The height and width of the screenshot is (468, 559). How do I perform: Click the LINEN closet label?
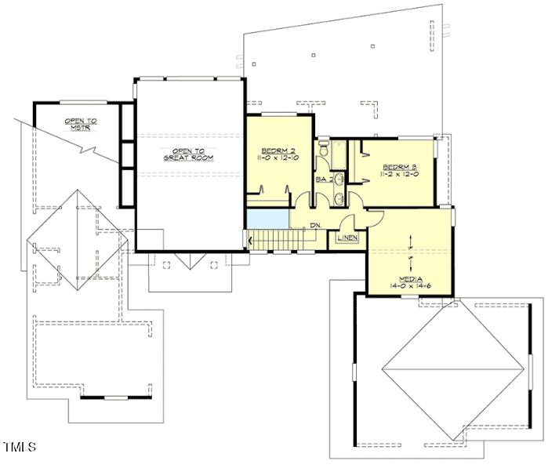(x=347, y=238)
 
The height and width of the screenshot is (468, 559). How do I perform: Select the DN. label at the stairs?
(x=314, y=226)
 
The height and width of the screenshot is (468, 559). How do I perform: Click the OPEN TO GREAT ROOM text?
(x=188, y=154)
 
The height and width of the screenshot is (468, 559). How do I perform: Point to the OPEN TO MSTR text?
(x=81, y=125)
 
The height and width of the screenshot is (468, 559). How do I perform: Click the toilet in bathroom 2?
(x=323, y=150)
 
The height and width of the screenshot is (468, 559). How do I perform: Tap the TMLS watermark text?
(x=20, y=448)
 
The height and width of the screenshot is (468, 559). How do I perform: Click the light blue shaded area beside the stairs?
(x=267, y=219)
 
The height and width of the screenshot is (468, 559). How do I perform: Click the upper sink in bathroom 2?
(x=339, y=180)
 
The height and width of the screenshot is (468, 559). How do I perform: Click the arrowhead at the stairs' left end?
(x=251, y=239)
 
